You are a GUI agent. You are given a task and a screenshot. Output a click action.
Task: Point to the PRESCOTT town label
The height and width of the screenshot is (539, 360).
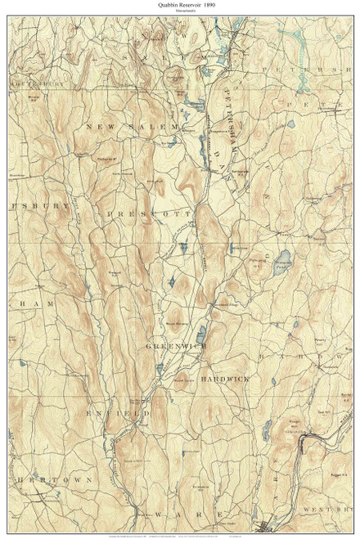[x=146, y=212]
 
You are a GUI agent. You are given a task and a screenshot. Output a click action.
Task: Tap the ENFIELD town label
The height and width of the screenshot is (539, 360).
[x=124, y=415]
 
